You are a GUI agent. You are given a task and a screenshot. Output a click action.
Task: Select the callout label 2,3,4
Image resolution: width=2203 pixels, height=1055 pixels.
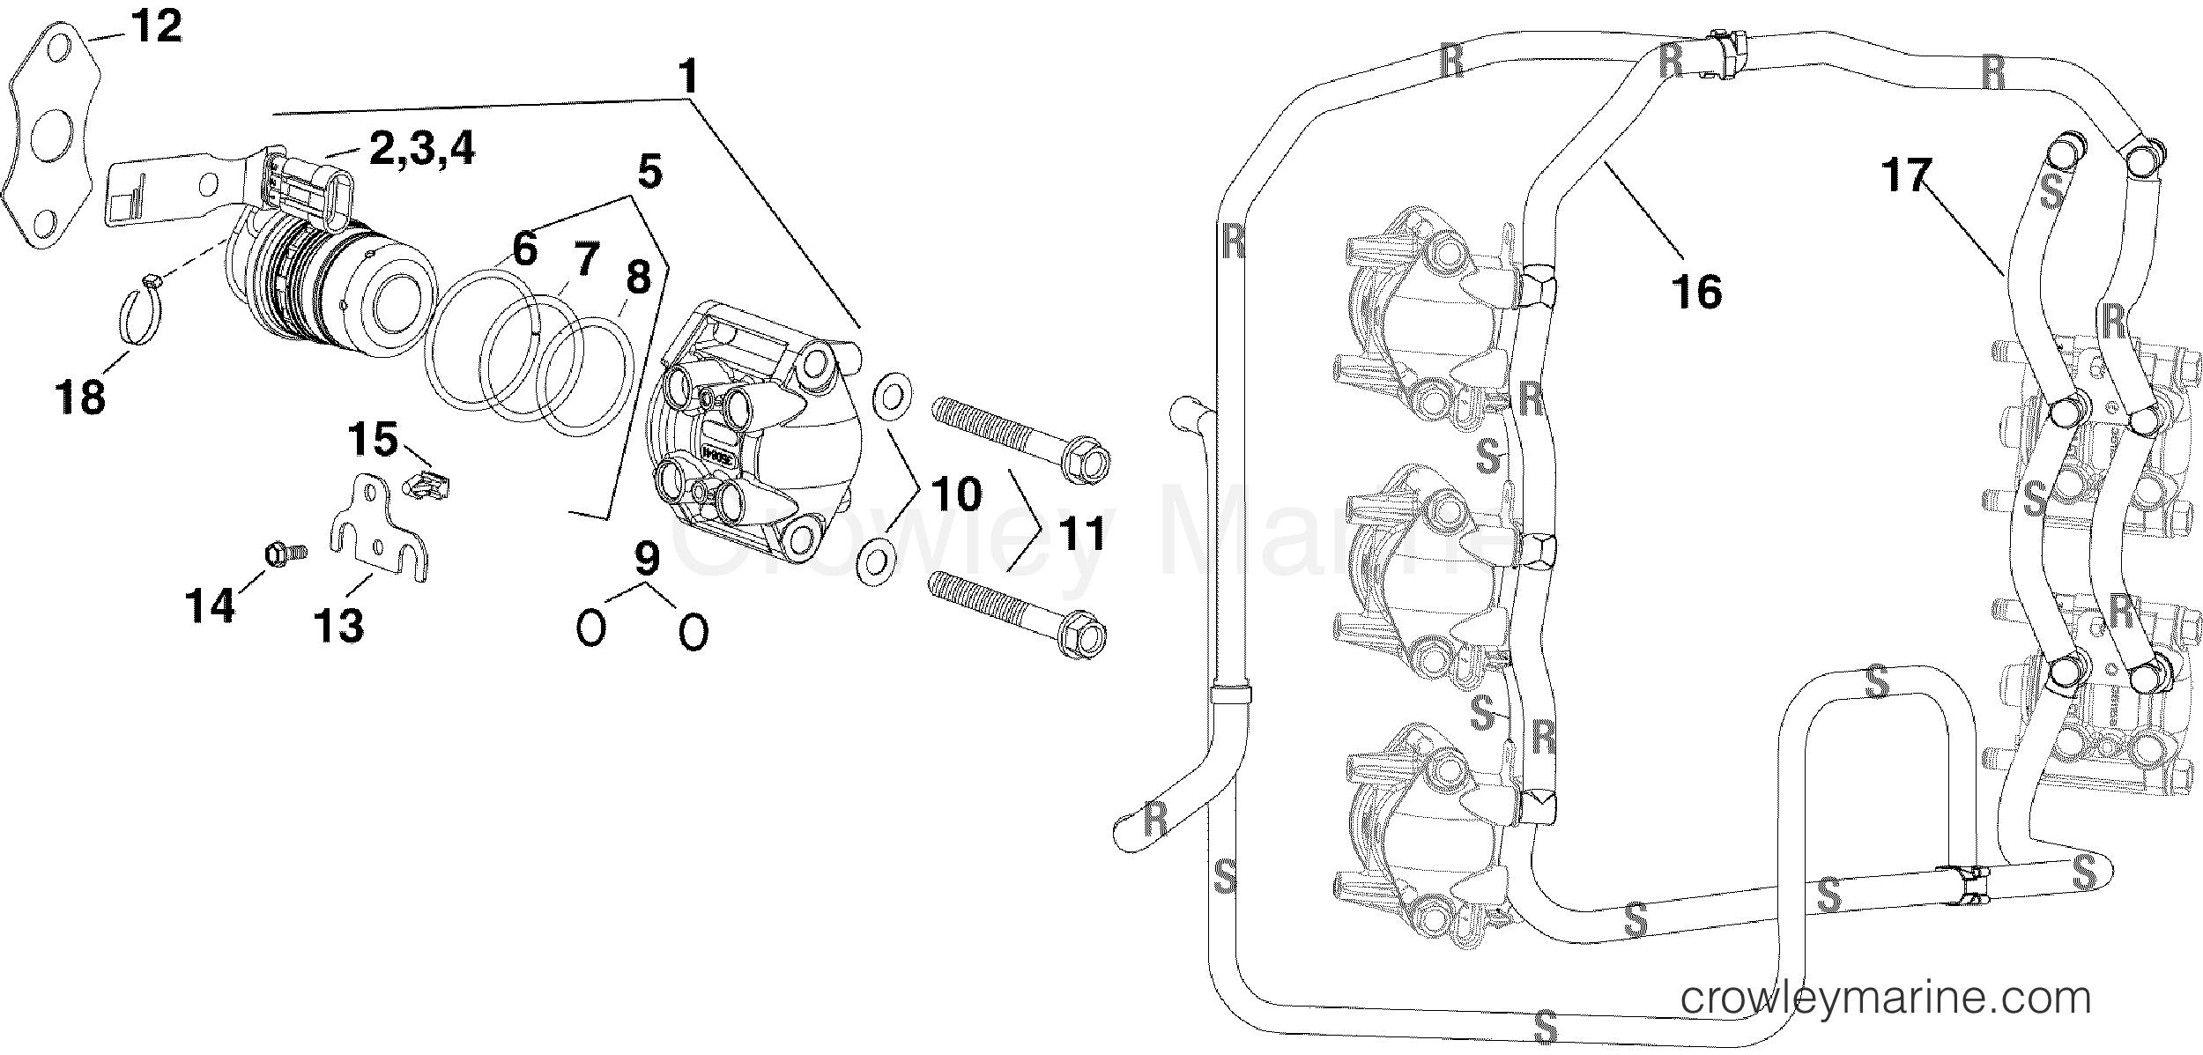pyautogui.click(x=421, y=149)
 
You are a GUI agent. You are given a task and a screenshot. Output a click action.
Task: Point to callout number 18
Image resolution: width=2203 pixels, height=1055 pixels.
pyautogui.click(x=81, y=396)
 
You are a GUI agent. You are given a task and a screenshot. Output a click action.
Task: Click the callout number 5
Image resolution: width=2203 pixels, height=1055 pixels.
pyautogui.click(x=649, y=173)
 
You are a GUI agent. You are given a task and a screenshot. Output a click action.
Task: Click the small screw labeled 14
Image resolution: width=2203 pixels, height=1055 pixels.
pyautogui.click(x=284, y=554)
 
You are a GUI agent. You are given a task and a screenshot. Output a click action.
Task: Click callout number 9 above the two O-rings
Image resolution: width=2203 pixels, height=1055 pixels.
pyautogui.click(x=646, y=558)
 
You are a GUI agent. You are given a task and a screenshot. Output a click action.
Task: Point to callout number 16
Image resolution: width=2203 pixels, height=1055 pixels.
pyautogui.click(x=1695, y=292)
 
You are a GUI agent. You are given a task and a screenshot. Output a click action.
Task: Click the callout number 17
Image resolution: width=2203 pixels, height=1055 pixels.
pyautogui.click(x=1906, y=175)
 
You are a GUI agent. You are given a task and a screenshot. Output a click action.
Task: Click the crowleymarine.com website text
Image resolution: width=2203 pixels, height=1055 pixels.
pyautogui.click(x=1886, y=999)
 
